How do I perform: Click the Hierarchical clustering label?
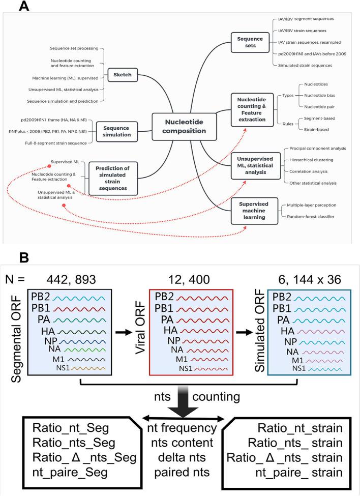[x=318, y=159]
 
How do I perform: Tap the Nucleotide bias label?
[x=319, y=95]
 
